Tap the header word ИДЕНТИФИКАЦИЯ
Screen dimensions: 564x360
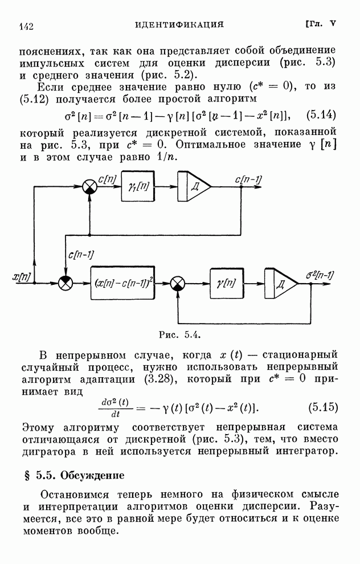pos(179,24)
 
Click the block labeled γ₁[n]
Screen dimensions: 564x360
pos(137,187)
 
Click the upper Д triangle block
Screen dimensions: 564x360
pos(194,187)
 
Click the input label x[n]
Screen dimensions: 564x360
pos(22,277)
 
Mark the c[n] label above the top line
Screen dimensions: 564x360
pos(107,179)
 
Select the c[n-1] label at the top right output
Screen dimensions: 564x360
pos(248,179)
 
